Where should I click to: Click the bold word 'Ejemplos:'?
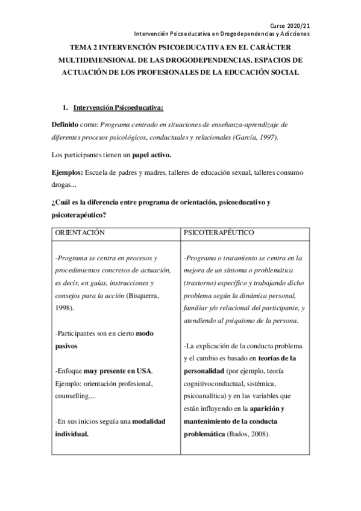(67, 172)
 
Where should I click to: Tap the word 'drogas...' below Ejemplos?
(64, 184)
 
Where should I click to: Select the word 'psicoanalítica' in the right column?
(208, 396)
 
